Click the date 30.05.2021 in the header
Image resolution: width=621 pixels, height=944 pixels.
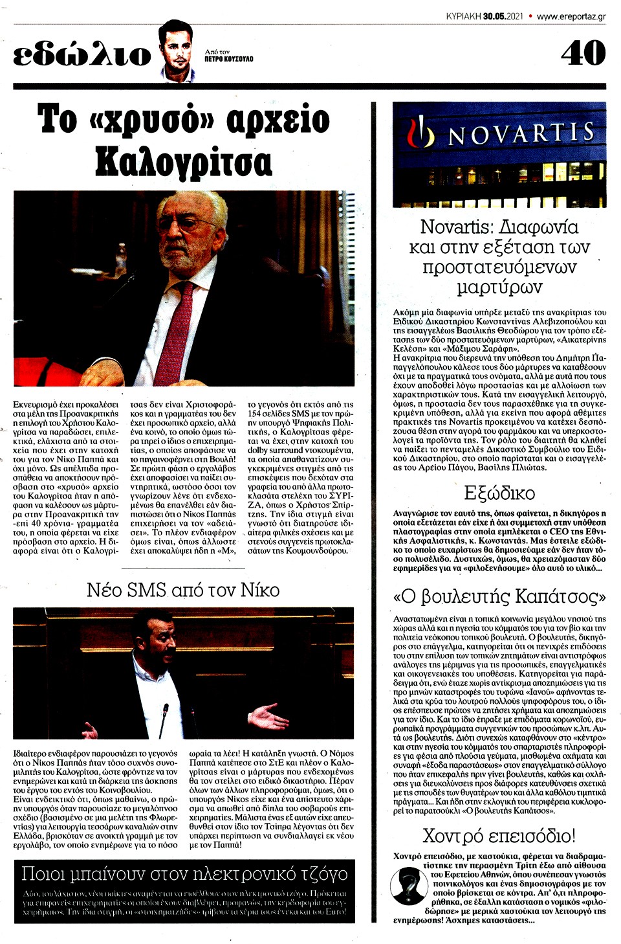pos(503,16)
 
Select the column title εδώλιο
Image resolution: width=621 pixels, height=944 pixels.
pos(82,56)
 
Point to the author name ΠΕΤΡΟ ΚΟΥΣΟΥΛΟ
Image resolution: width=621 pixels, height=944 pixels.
pos(228,59)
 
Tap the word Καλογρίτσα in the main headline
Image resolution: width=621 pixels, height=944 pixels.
pos(184,161)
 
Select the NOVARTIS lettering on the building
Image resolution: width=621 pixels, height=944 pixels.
pos(521,134)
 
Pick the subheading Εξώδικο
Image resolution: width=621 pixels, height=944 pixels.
pos(499,493)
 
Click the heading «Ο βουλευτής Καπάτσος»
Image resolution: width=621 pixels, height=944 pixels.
pos(499,596)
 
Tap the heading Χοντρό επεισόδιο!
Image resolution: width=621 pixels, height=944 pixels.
pos(499,835)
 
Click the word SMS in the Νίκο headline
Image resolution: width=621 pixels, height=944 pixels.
pos(147,590)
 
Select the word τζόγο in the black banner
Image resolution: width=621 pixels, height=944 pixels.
pos(316,874)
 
